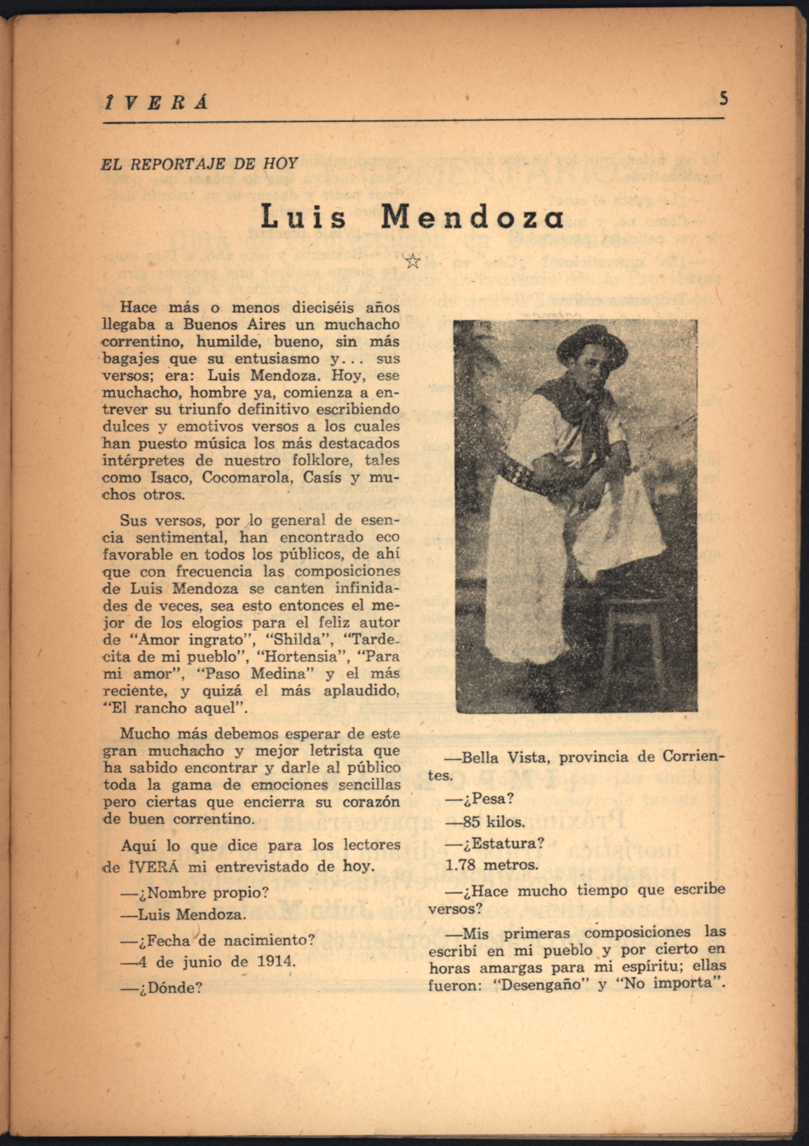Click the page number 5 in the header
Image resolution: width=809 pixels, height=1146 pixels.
tap(723, 99)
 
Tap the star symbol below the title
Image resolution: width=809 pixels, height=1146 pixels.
tap(412, 261)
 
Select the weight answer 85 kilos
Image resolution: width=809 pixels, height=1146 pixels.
tap(485, 822)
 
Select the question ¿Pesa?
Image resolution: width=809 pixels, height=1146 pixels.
tap(480, 799)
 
